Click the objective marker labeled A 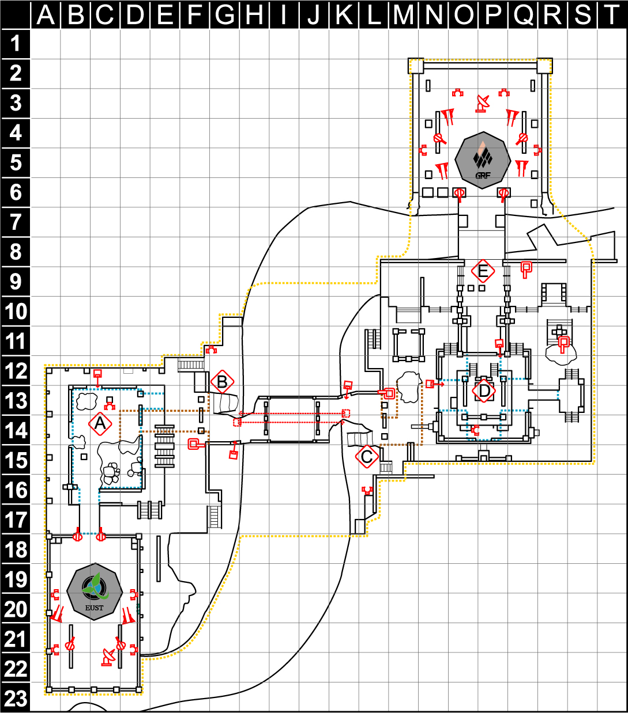click(x=100, y=424)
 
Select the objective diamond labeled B click(x=223, y=381)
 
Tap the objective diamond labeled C click(x=367, y=457)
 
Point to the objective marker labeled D click(x=484, y=390)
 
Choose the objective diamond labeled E click(x=483, y=271)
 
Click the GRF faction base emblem click(x=483, y=160)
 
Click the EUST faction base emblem click(x=95, y=591)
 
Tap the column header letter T click(x=612, y=14)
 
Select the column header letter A click(x=46, y=14)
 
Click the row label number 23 click(x=16, y=699)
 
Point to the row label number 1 click(x=16, y=44)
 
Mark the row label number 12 click(x=16, y=371)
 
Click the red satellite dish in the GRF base click(x=483, y=104)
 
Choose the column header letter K click(x=344, y=14)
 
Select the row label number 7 click(x=16, y=222)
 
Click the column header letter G click(x=225, y=14)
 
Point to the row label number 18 click(x=16, y=549)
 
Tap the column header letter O click(x=464, y=14)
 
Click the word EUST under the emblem click(x=95, y=608)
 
